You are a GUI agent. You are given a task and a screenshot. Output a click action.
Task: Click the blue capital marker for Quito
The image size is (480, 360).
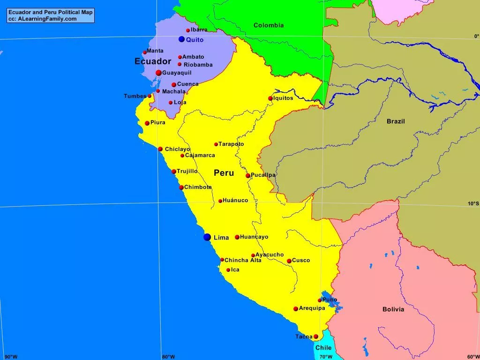tap(181, 39)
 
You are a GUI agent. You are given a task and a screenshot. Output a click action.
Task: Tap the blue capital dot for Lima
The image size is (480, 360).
tap(207, 237)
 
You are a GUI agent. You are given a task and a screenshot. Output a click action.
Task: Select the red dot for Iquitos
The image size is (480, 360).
tap(270, 98)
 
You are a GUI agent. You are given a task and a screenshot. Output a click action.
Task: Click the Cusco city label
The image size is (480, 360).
tap(301, 260)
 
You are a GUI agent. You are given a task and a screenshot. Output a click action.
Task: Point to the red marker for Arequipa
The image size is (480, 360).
tap(296, 308)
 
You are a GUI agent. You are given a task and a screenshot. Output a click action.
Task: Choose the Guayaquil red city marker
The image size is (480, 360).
tap(158, 73)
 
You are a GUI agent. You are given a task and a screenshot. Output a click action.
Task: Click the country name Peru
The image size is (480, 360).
tap(224, 173)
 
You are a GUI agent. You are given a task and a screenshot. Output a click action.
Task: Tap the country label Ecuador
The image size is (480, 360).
tap(153, 61)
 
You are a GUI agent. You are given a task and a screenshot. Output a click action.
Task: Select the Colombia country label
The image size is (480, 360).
tap(269, 25)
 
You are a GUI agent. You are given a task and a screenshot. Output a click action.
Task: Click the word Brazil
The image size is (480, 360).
tap(396, 121)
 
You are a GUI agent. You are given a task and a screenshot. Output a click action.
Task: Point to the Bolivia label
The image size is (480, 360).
tap(393, 309)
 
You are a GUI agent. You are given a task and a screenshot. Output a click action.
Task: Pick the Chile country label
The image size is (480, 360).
tap(323, 348)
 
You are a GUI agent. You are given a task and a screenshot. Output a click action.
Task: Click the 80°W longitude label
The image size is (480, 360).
tap(168, 357)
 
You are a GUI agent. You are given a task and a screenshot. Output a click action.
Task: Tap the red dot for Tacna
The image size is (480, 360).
tap(316, 337)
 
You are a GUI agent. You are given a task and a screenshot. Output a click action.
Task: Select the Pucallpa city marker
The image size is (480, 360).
tap(248, 176)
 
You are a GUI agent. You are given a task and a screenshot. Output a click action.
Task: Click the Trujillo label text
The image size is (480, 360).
tap(187, 171)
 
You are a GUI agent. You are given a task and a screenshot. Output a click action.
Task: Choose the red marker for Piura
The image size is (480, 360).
tap(147, 123)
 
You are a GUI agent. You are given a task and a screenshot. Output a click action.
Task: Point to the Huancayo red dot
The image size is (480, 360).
tap(237, 237)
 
